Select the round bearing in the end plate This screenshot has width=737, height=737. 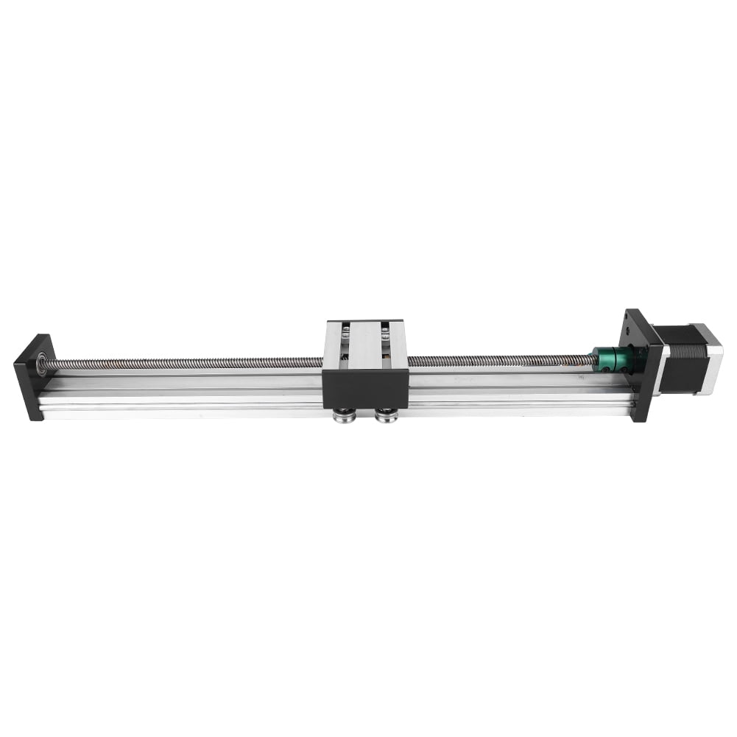[42, 363]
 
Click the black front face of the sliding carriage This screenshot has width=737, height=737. [365, 389]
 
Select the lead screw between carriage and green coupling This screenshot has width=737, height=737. [501, 361]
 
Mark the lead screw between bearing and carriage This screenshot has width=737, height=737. [184, 364]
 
